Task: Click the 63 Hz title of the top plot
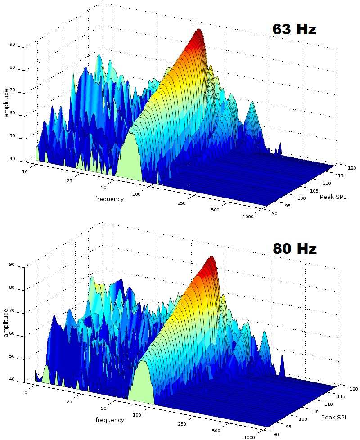tap(294, 30)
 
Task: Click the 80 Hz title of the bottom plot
tap(294, 249)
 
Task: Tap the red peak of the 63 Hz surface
tap(198, 32)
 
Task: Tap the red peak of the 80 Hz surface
tap(210, 260)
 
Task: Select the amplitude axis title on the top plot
tap(6, 103)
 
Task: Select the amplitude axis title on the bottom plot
tap(6, 323)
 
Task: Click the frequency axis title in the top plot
tap(109, 199)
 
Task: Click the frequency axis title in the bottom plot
tap(110, 420)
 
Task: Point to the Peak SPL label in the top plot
tap(333, 197)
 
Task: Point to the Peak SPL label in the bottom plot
tap(334, 417)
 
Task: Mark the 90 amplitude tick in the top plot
tap(12, 45)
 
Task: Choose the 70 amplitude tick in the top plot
tap(12, 91)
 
